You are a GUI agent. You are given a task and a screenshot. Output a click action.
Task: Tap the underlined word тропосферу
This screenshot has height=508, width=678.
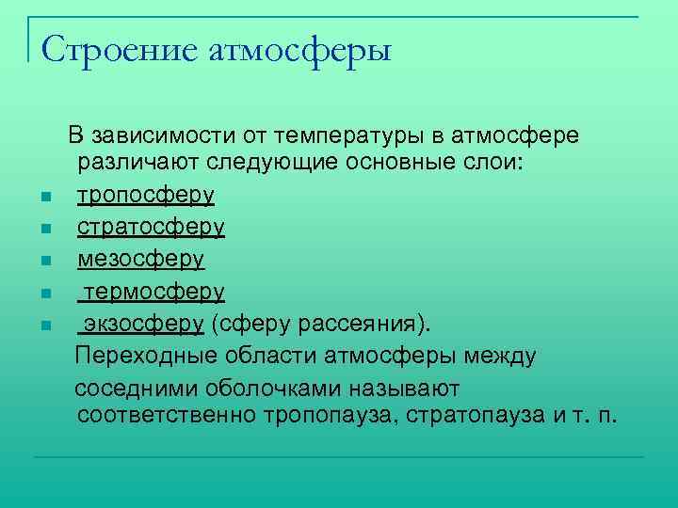[146, 196]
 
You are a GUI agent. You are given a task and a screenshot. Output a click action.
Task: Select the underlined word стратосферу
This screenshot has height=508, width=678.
[151, 228]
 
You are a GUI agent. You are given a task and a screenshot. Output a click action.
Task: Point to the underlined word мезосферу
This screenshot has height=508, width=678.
[140, 259]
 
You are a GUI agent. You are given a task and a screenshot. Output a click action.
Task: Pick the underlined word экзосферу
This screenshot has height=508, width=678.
[144, 324]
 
